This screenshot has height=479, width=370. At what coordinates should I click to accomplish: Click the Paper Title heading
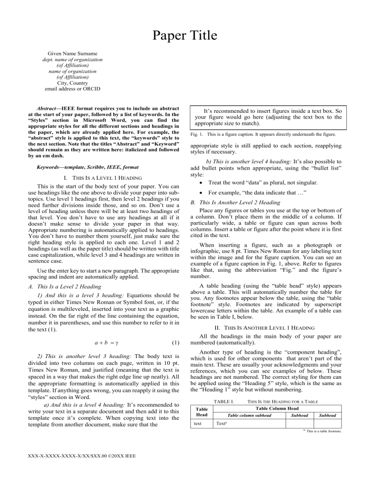point(185,36)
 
